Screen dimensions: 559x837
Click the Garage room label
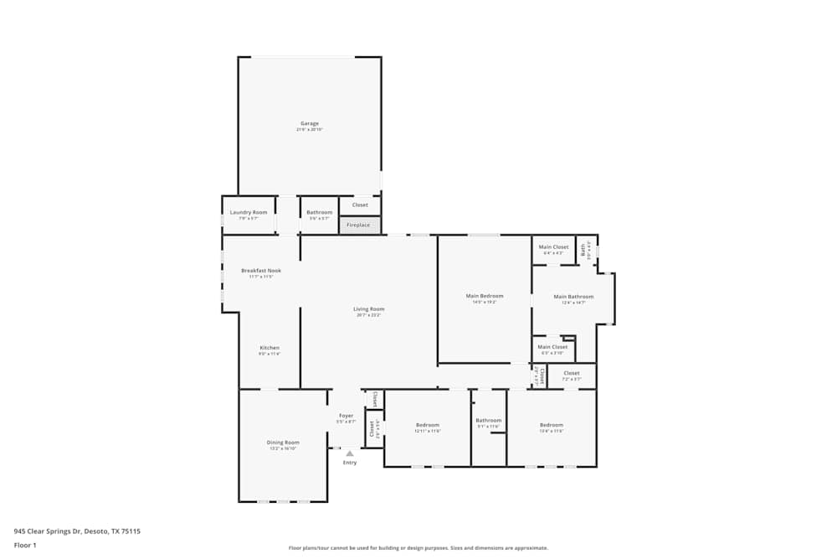pos(310,124)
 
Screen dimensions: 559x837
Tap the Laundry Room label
pos(249,213)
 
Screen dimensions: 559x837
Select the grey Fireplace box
pos(359,225)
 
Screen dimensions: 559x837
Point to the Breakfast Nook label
pos(261,271)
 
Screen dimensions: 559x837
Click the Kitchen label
pos(270,348)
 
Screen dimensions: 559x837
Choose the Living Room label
pos(369,309)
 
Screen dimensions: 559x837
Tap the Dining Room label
pos(283,443)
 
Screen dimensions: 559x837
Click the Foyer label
pos(346,416)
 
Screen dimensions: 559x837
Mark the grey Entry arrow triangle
pos(350,453)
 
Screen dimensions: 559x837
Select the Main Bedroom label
pos(485,296)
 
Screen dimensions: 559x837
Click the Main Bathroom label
pos(573,297)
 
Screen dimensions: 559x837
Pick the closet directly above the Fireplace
pos(360,204)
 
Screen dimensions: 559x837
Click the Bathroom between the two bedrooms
pos(489,421)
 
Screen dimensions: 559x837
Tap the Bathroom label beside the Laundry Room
pos(319,213)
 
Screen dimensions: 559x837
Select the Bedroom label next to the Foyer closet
pos(427,425)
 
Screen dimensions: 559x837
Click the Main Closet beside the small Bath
pos(553,247)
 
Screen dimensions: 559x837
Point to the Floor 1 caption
pos(25,545)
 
